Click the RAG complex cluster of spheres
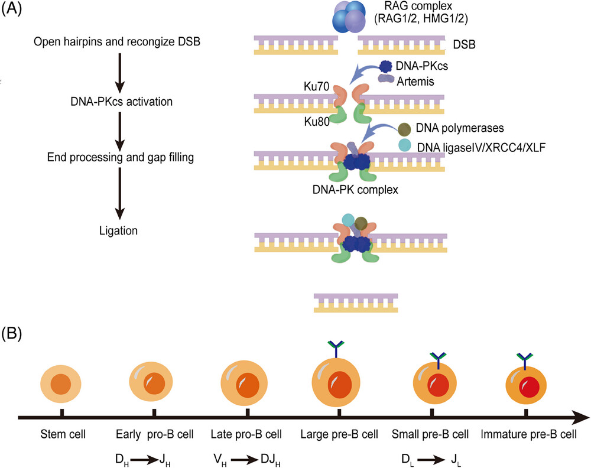point(349,16)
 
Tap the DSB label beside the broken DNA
point(464,44)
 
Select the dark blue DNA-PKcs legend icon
point(385,67)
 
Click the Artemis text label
point(415,82)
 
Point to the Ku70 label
point(316,86)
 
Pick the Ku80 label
point(317,121)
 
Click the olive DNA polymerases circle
point(404,129)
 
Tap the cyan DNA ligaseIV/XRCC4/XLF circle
point(405,145)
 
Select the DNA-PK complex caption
point(355,189)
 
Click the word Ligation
point(118,230)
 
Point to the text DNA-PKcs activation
point(121,102)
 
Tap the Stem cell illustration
point(61,384)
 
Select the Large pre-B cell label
point(339,434)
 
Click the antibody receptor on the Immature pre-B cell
point(525,359)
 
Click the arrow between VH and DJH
point(244,460)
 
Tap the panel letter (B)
point(12,334)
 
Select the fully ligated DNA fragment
point(356,303)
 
